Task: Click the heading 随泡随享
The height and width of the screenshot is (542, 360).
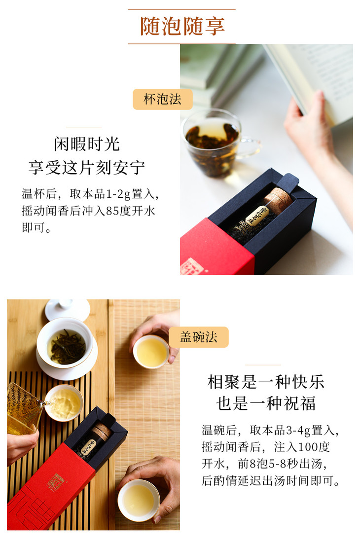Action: [x=182, y=26]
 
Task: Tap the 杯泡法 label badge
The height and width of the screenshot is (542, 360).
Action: [x=163, y=99]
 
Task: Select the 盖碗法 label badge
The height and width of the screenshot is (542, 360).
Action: [x=199, y=337]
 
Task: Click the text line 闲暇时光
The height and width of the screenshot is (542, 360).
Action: [x=87, y=144]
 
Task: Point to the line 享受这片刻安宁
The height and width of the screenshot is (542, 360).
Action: [x=87, y=167]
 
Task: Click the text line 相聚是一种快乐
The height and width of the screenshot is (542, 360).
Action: [x=266, y=382]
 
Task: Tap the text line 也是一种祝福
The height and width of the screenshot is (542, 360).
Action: [x=266, y=403]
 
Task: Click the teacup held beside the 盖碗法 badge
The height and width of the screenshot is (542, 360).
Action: [x=151, y=352]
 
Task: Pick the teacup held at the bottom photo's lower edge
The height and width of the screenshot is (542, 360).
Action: [x=139, y=500]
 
